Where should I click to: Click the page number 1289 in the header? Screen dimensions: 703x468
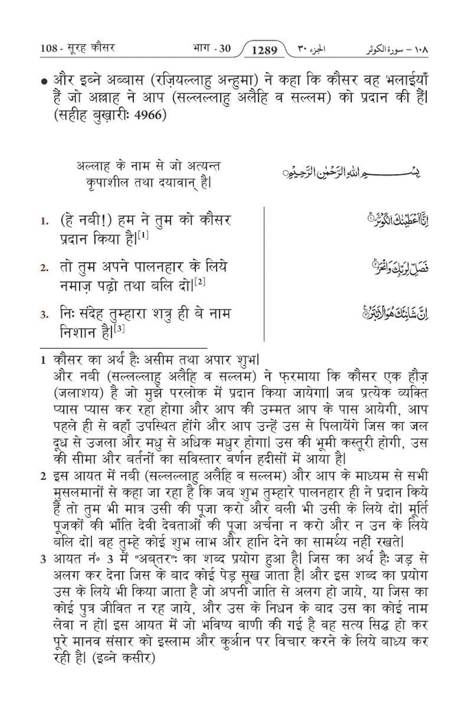(x=265, y=49)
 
